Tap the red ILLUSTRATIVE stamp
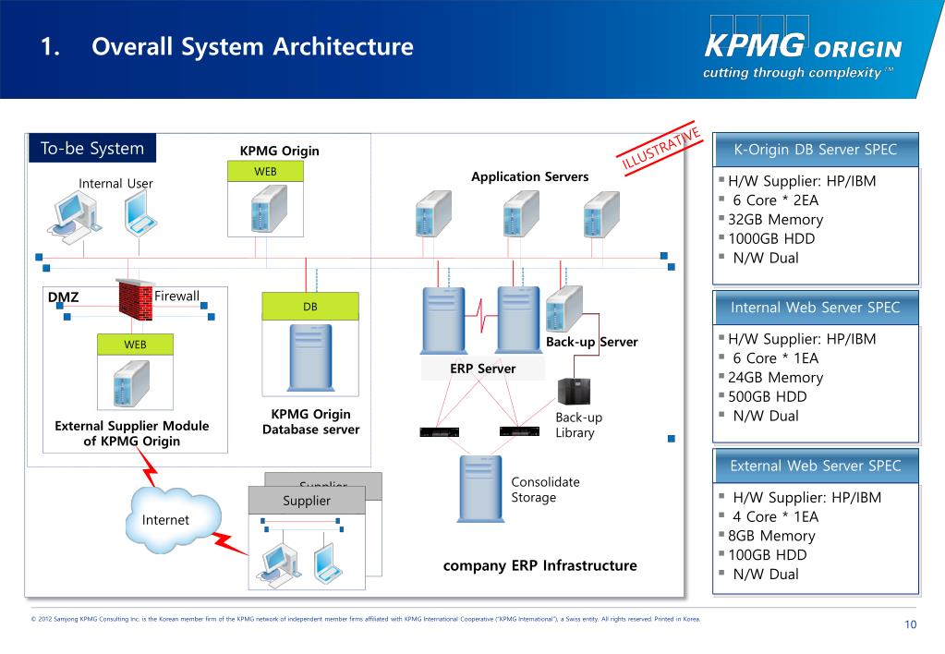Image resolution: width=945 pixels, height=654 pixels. (662, 146)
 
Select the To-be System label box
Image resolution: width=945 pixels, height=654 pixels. (92, 149)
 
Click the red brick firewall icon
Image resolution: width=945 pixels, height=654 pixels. (135, 299)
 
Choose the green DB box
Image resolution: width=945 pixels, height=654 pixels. (309, 307)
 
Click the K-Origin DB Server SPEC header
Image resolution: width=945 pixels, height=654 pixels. (815, 150)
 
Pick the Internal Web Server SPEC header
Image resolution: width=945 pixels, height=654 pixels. (815, 308)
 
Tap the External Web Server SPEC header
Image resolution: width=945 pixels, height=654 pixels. (815, 466)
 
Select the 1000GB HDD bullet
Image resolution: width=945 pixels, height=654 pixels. (771, 239)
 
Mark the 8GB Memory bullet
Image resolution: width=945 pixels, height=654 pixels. (771, 536)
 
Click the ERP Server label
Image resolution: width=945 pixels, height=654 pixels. (483, 369)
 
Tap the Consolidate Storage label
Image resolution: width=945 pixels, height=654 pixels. (545, 490)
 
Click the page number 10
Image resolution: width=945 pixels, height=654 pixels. (910, 625)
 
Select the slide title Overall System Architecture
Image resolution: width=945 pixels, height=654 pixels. (252, 46)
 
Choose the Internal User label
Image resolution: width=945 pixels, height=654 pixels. (115, 183)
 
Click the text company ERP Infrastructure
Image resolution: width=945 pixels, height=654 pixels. (539, 565)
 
